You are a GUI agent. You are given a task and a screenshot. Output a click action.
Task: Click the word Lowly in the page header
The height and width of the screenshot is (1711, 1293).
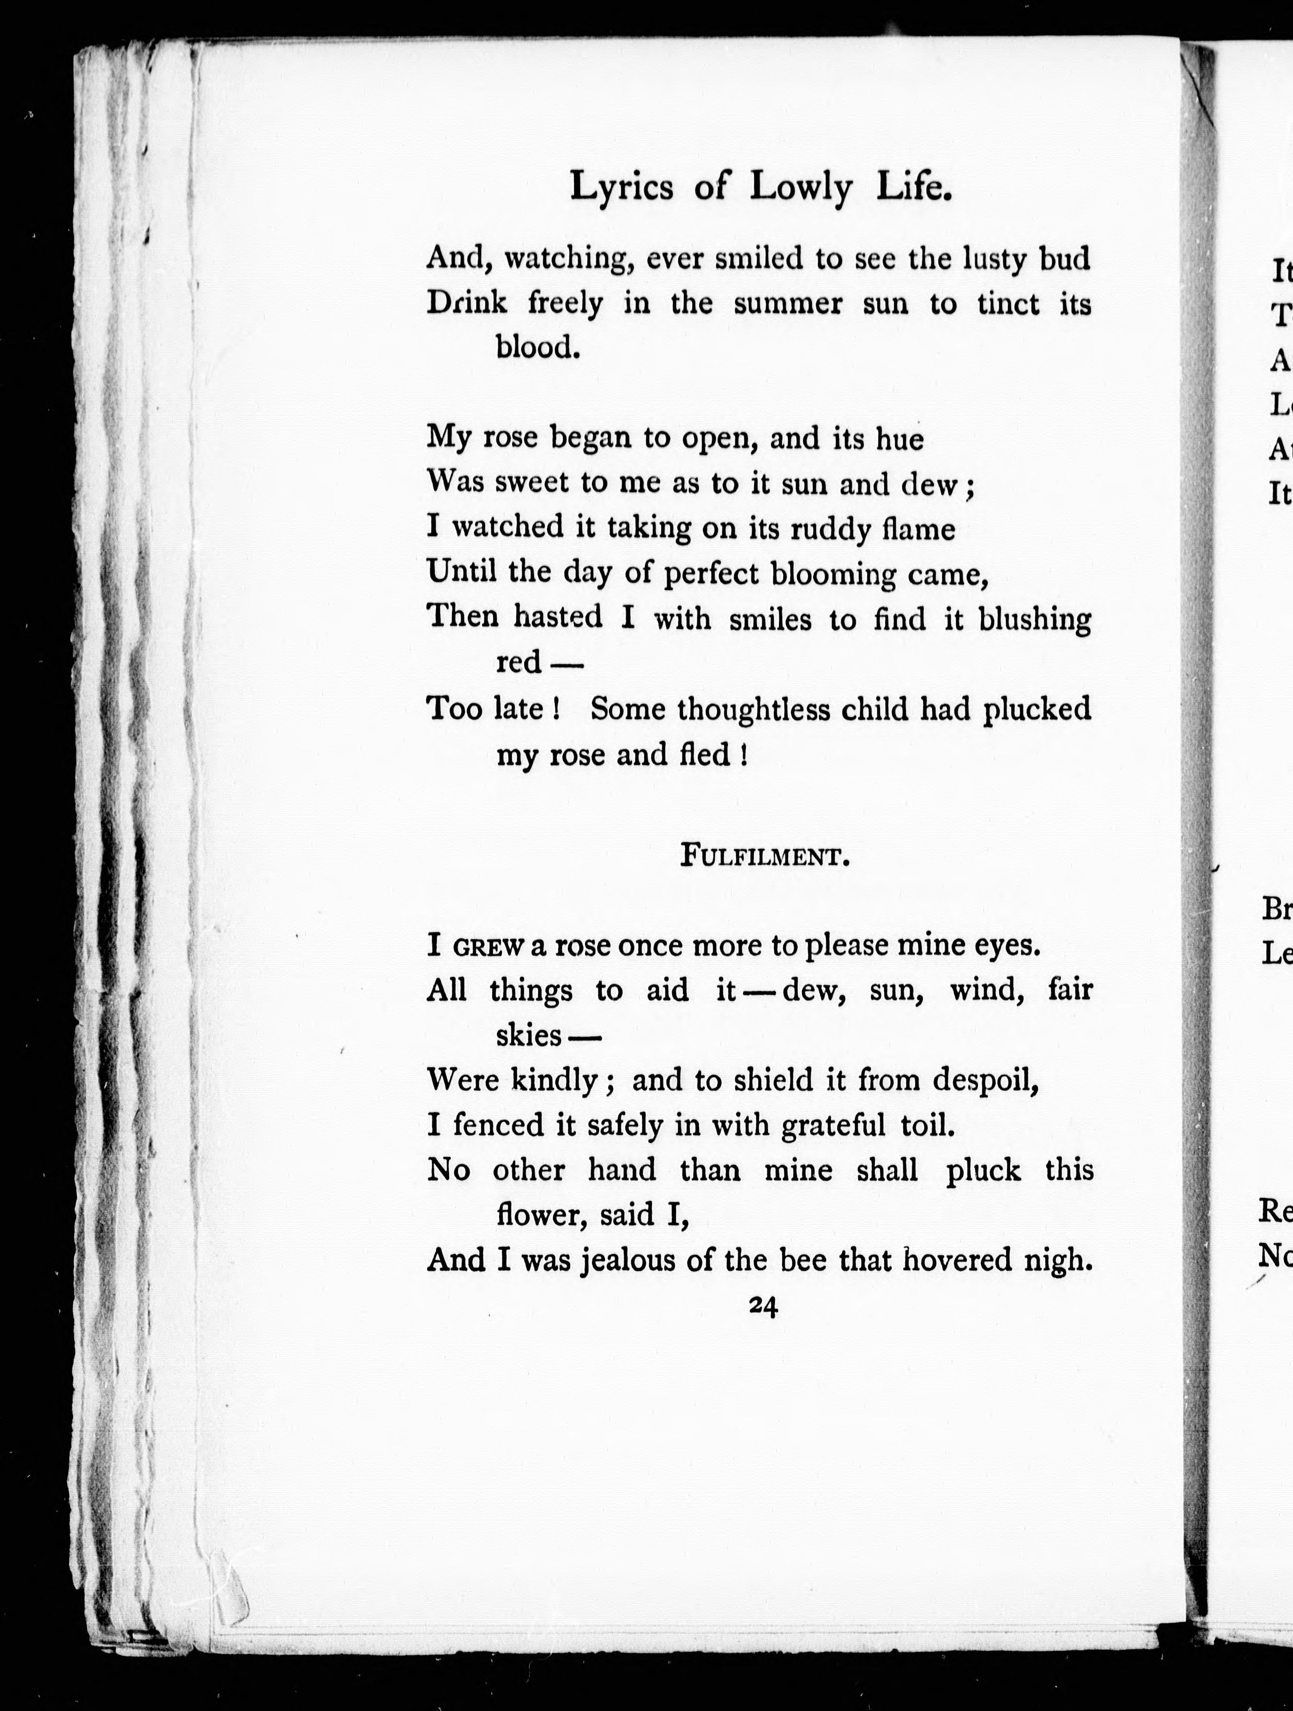click(x=801, y=188)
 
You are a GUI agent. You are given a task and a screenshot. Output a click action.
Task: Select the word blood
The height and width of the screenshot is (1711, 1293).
click(x=538, y=347)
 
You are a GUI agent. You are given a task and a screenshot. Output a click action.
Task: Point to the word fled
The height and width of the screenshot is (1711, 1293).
click(x=708, y=754)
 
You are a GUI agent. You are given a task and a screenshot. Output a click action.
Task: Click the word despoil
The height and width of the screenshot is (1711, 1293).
click(x=984, y=1080)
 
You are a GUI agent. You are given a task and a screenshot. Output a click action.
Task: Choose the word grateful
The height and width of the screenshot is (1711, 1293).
click(x=832, y=1125)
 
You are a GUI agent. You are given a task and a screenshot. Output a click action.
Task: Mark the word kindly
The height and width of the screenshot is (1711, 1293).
click(x=556, y=1080)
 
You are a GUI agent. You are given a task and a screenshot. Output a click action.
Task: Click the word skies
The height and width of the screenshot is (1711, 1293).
click(x=529, y=1035)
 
